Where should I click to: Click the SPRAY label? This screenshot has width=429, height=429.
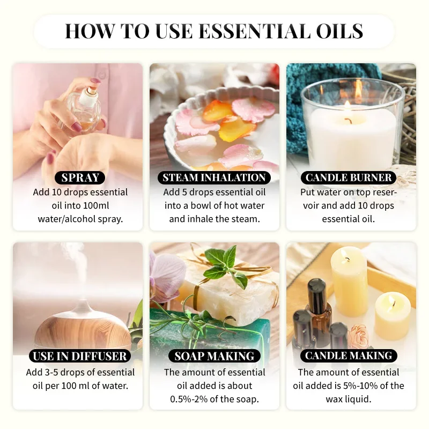point(79,177)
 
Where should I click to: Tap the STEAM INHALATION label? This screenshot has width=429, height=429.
point(214,177)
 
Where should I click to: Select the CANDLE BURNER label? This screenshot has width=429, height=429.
point(349,177)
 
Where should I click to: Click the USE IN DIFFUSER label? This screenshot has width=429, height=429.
point(79,356)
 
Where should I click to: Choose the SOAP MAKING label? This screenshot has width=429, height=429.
point(214,356)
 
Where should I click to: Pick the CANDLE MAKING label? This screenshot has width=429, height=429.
point(349,356)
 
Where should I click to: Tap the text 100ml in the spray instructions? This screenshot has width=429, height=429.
point(109,205)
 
